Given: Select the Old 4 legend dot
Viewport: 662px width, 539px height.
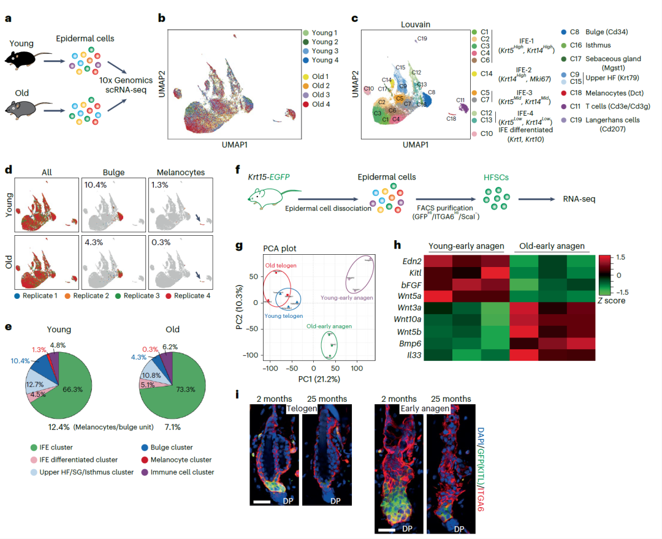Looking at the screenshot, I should click(306, 106).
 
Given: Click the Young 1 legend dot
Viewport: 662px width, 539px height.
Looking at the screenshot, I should click(306, 32).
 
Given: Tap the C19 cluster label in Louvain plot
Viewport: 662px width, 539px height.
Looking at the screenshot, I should click(421, 39).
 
